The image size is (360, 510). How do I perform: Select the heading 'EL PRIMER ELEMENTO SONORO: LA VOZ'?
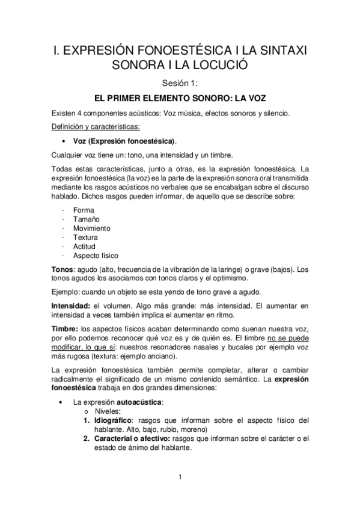180,97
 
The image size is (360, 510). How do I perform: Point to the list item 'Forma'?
82,210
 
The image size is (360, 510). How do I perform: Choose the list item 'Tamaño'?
85,220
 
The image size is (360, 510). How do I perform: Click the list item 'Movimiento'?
91,229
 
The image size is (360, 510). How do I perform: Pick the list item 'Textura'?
85,238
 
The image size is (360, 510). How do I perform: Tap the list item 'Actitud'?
84,248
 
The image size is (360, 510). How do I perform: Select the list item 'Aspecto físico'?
96,257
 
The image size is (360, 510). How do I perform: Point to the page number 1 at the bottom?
180,478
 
